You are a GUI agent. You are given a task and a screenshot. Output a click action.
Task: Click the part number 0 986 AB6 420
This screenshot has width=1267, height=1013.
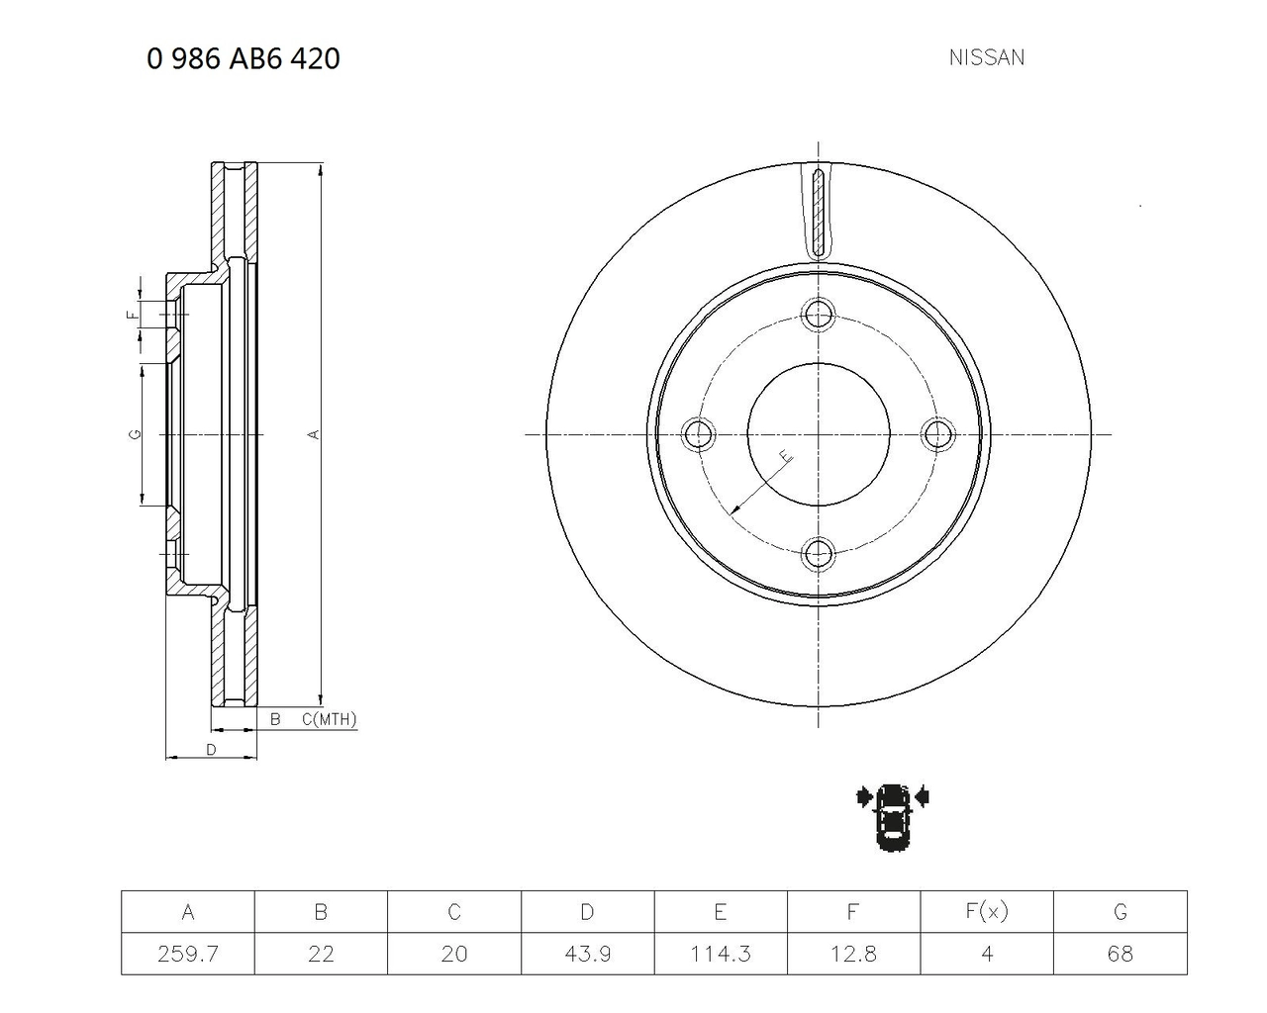244,59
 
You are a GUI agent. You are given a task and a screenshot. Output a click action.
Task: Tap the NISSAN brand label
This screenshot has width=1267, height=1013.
987,57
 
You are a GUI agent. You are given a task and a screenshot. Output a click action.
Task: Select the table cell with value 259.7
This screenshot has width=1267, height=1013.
188,953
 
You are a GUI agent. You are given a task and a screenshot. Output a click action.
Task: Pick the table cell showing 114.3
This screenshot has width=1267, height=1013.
721,953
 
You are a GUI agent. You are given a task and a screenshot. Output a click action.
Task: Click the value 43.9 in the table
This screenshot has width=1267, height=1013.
588,953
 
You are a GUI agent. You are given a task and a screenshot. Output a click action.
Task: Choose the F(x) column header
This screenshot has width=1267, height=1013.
987,911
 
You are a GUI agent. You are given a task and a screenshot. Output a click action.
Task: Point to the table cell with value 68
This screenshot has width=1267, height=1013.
1120,953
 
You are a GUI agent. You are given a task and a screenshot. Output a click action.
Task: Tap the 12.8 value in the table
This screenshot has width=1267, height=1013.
853,953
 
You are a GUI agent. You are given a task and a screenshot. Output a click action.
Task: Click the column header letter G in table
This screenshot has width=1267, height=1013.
1120,912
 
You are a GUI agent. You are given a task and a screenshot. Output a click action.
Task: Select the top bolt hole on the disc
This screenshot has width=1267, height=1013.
818,314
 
